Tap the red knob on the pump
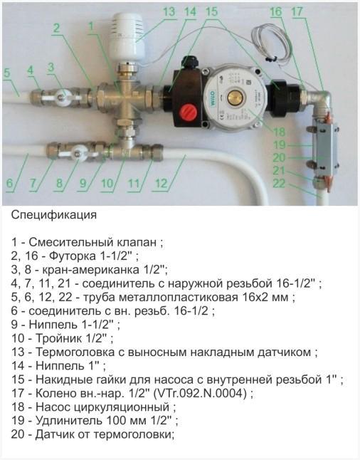pyautogui.click(x=190, y=113)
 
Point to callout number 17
pyautogui.click(x=297, y=11)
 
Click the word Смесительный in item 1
pyautogui.click(x=69, y=243)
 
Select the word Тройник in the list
pyautogui.click(x=55, y=338)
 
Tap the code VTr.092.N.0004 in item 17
pyautogui.click(x=197, y=392)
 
